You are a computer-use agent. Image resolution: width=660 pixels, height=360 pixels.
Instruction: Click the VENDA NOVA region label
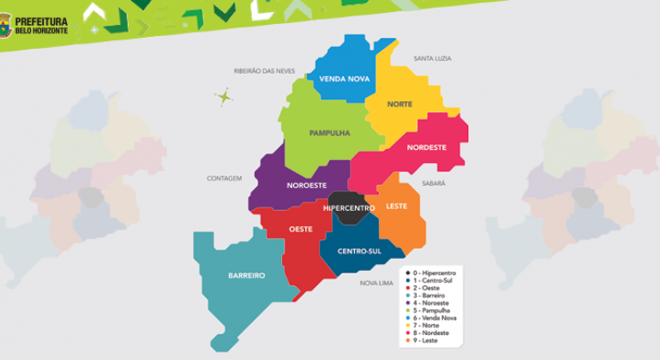[339, 79]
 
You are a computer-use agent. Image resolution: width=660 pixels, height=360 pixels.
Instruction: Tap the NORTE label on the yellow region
[399, 104]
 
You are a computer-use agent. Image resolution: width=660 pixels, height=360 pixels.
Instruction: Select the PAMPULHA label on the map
[329, 133]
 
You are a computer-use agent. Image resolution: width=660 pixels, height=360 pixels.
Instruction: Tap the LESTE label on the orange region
[396, 206]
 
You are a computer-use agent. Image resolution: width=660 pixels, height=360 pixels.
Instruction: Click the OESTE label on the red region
[300, 229]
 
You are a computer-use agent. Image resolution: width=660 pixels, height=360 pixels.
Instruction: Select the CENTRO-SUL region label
[358, 251]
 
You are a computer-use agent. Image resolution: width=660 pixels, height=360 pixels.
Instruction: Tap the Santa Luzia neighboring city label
[432, 58]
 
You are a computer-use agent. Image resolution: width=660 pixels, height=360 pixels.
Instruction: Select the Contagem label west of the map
[225, 178]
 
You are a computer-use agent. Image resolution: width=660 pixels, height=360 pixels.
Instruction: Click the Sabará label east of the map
[434, 183]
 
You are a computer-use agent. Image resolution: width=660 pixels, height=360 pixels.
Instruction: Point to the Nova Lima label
[376, 282]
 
